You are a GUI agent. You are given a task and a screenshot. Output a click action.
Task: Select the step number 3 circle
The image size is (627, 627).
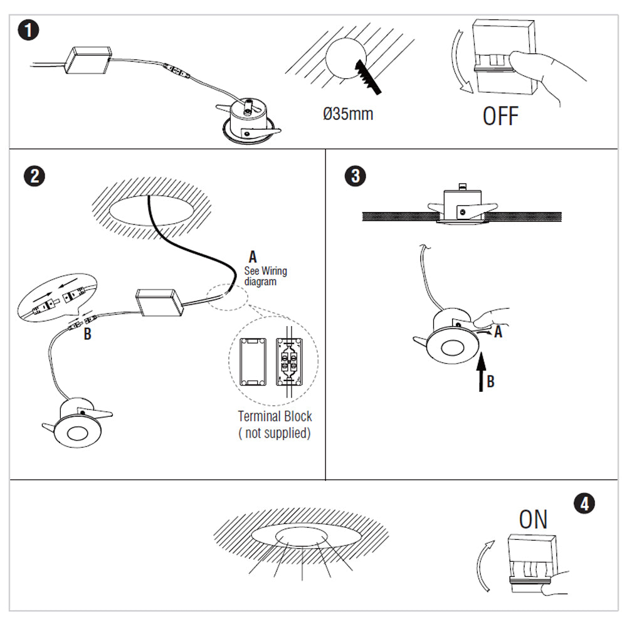click(x=355, y=176)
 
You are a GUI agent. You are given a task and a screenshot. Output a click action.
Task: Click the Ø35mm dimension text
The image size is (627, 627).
click(x=347, y=114)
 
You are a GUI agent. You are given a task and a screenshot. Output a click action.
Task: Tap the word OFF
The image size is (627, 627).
click(x=500, y=116)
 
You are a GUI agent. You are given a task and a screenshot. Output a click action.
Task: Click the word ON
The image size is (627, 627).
click(x=533, y=519)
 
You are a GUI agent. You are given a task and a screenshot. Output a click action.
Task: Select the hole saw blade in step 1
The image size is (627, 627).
click(x=367, y=77)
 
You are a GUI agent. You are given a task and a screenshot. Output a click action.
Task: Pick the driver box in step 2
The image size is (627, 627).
click(x=161, y=302)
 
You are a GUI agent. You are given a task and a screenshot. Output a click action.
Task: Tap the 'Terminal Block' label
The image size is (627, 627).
click(x=275, y=416)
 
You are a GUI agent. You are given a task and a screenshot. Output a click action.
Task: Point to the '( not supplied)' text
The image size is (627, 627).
click(x=275, y=433)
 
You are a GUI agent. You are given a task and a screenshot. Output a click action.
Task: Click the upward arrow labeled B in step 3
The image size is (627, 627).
click(x=480, y=373)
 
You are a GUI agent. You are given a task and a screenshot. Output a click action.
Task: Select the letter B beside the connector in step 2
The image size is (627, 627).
click(x=87, y=334)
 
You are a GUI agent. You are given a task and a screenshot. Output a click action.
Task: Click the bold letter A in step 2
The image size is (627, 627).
click(x=253, y=256)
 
